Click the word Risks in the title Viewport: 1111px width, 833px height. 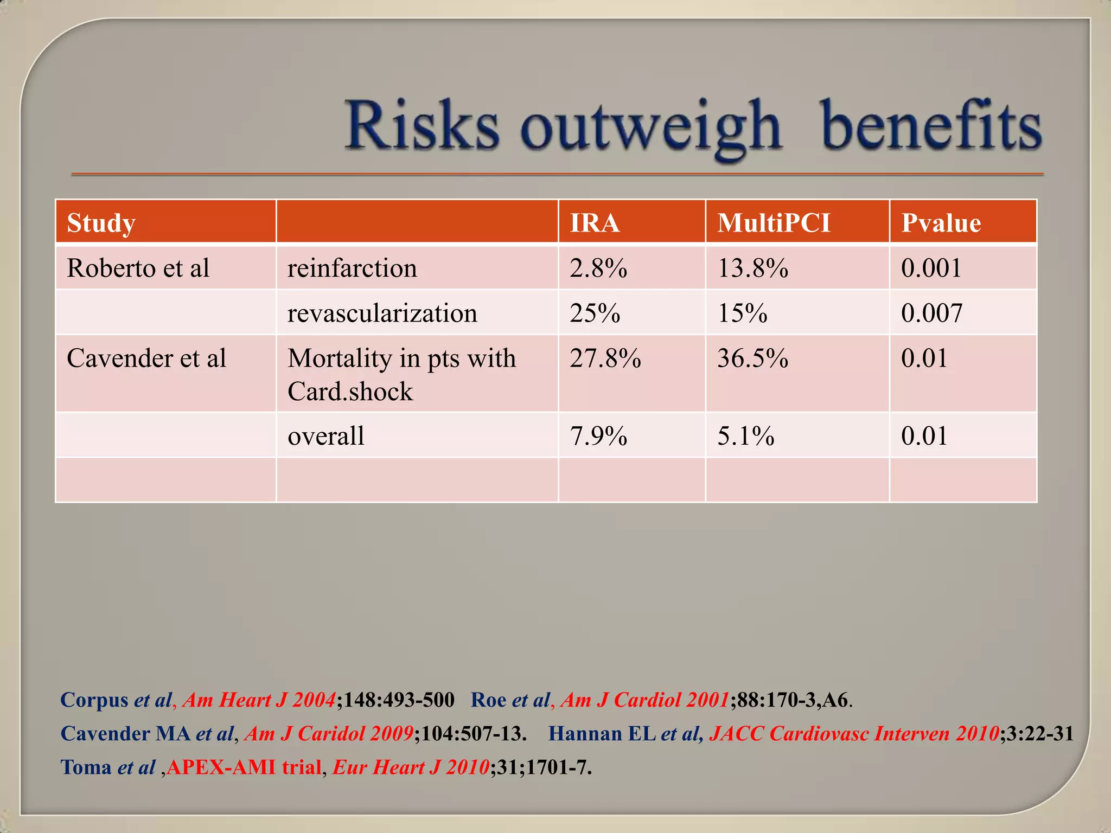point(422,126)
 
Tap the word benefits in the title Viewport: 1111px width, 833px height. point(931,126)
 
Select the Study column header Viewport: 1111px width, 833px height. point(101,223)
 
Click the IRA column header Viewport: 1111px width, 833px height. point(595,223)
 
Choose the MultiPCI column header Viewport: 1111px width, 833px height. point(774,223)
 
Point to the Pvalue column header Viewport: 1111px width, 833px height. point(941,223)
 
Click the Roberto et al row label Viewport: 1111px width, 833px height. point(138,268)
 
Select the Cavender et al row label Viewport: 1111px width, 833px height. point(146,358)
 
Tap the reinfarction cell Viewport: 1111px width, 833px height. point(352,268)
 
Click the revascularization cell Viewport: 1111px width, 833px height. point(382,313)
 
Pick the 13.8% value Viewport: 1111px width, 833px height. point(752,268)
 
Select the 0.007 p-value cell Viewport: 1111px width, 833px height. point(931,313)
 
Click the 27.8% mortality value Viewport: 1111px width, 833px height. point(605,358)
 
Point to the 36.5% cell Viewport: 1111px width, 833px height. point(752,358)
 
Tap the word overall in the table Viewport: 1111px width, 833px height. point(325,435)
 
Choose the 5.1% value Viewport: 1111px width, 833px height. point(745,435)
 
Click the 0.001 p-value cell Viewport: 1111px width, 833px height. point(931,268)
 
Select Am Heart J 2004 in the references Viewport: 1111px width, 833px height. point(259,700)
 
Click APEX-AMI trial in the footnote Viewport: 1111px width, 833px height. point(244,767)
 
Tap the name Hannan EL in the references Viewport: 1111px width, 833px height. point(602,733)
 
